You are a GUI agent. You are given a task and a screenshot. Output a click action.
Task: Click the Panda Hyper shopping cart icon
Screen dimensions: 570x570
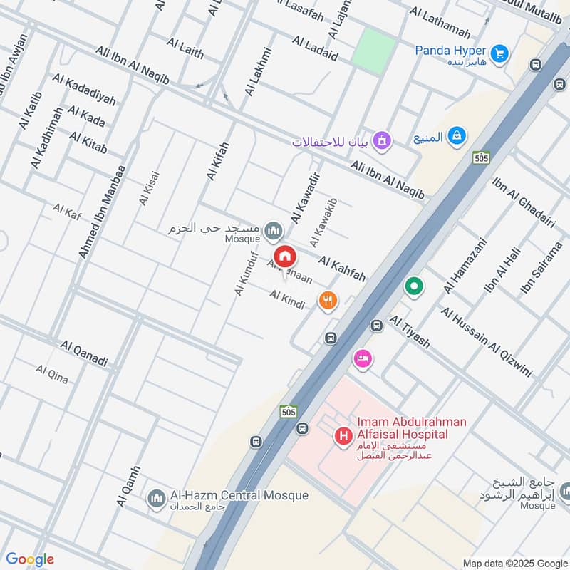[x=499, y=52]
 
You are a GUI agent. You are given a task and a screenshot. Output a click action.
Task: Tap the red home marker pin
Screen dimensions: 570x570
[x=285, y=256]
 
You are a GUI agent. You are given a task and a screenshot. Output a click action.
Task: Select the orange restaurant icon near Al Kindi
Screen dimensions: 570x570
[x=328, y=301]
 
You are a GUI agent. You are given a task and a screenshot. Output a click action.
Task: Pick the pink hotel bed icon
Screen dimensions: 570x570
[x=363, y=359]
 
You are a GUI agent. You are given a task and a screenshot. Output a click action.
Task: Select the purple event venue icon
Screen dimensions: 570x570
[x=383, y=140]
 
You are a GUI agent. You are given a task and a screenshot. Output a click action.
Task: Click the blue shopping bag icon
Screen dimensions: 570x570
[x=457, y=135]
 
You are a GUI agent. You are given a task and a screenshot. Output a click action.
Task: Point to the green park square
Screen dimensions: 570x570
[x=373, y=50]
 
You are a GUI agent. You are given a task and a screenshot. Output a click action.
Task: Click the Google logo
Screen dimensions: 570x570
[x=30, y=559]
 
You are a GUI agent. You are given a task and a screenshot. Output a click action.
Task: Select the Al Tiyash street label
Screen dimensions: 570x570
[x=410, y=332]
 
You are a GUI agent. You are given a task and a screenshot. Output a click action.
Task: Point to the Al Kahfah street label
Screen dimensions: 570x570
[x=341, y=269]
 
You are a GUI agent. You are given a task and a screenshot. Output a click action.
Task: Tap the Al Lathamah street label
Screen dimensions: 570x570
[x=440, y=23]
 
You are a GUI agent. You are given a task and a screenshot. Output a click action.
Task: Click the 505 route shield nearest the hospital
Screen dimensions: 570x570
[x=288, y=413]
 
